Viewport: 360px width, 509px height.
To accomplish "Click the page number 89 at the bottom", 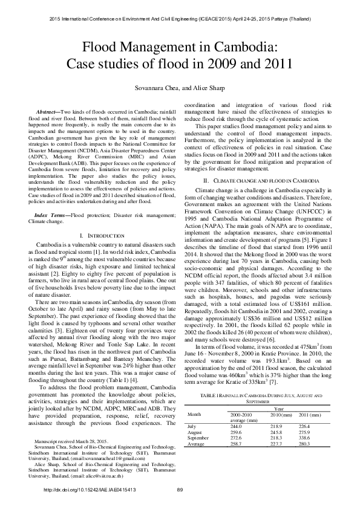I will (x=180, y=490).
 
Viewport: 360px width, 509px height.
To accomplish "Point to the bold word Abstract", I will (x=48, y=113).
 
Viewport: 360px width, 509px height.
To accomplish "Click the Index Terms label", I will (x=52, y=181).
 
